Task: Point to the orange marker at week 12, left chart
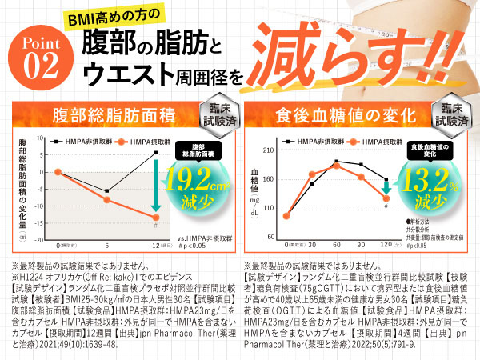coord(155,218)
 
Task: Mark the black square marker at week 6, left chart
coord(107,191)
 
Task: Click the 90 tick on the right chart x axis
coord(361,245)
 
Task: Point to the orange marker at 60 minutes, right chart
coord(337,166)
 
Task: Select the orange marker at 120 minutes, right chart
coord(386,198)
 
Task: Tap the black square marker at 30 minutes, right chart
coord(312,184)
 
